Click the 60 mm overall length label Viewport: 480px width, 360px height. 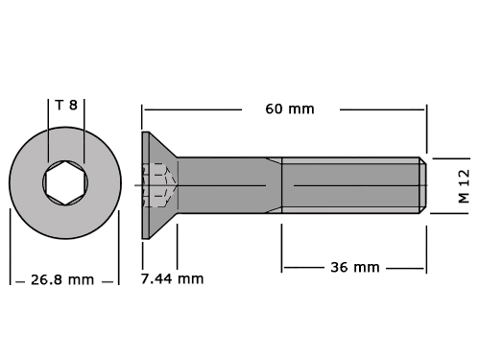tap(290, 109)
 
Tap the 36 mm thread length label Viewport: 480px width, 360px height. tap(355, 268)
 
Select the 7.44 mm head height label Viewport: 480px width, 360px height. tap(172, 279)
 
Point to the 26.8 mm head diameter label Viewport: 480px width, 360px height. tap(62, 280)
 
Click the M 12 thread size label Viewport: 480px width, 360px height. tap(464, 186)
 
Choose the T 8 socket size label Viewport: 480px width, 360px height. tap(66, 105)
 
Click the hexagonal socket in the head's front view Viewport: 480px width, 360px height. tap(65, 183)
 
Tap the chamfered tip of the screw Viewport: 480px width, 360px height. tap(422, 185)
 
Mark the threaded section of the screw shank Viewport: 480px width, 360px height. tap(350, 185)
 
